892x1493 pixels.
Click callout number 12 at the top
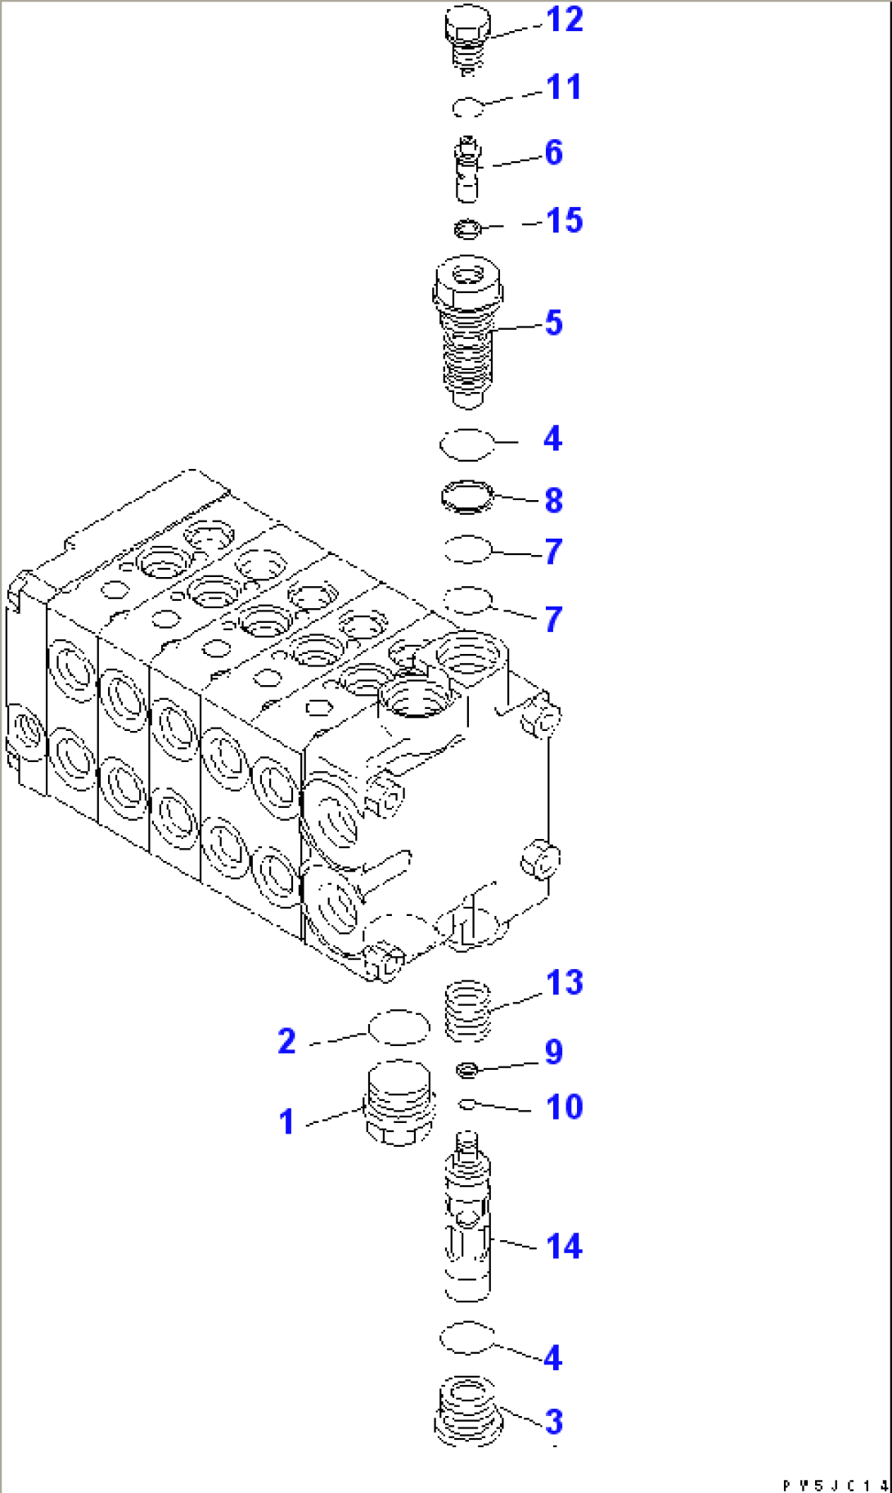point(564,20)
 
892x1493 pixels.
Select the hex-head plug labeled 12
point(467,37)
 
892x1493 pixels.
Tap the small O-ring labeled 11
point(468,107)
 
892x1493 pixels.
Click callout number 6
point(554,153)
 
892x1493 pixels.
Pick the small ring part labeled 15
point(467,229)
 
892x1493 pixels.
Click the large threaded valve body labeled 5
point(467,332)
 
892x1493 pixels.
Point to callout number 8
point(554,500)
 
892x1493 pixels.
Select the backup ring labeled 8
point(467,497)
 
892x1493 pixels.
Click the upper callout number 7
point(554,552)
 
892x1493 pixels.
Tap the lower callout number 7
point(554,619)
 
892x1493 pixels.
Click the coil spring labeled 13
point(468,1012)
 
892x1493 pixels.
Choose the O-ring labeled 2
point(399,1027)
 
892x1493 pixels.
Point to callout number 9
point(554,1053)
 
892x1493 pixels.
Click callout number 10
point(564,1107)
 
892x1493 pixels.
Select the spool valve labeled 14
point(467,1220)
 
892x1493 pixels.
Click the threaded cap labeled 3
point(466,1410)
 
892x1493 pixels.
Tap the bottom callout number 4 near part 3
point(553,1358)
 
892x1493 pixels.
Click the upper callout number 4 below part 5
point(553,439)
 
